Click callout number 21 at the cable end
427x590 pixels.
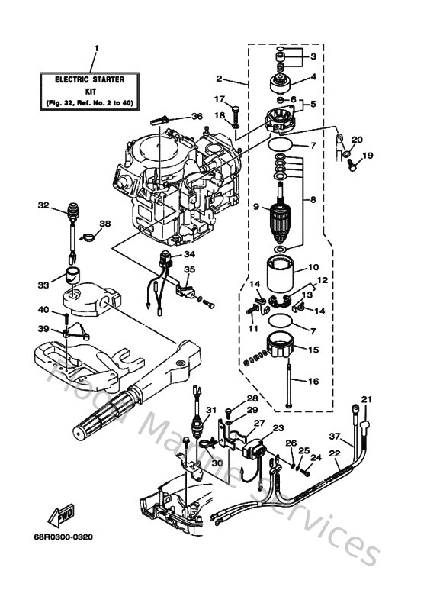tap(368, 399)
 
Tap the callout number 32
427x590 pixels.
tap(43, 205)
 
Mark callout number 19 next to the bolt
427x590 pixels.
tap(368, 156)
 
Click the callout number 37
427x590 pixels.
tap(332, 437)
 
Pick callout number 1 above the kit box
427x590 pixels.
tap(96, 48)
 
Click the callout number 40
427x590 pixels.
tap(43, 309)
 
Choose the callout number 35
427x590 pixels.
tap(190, 269)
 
